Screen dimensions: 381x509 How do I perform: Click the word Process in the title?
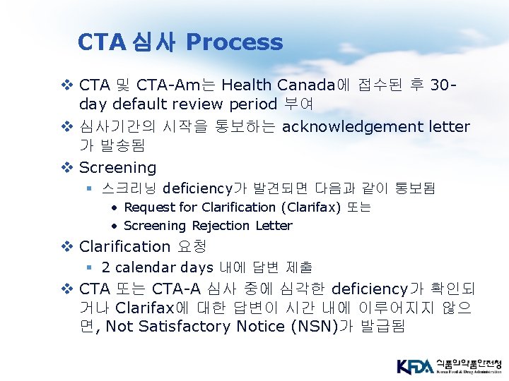[x=234, y=42]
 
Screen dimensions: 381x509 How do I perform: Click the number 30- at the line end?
[x=443, y=85]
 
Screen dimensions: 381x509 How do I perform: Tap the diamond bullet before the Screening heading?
[x=68, y=168]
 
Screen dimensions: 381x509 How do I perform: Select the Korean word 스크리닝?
[x=129, y=188]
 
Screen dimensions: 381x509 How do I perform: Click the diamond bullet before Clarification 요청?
[x=68, y=247]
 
